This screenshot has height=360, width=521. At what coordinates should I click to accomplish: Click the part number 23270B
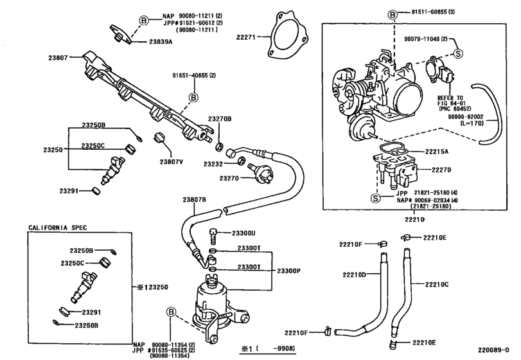point(219,119)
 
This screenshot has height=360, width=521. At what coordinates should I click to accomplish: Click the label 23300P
point(287,271)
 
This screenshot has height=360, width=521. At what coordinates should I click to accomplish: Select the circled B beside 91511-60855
point(392,12)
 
